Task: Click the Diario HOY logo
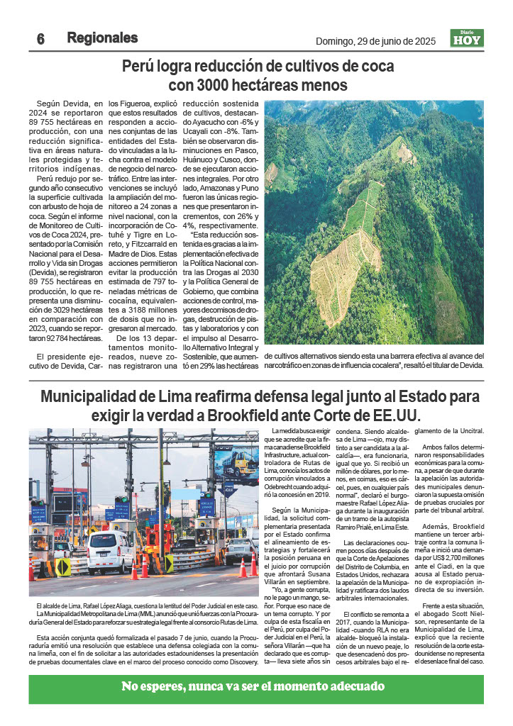[x=467, y=38]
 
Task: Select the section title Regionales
[x=102, y=38]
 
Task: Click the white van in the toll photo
[x=111, y=552]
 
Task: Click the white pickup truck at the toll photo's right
[x=240, y=549]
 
